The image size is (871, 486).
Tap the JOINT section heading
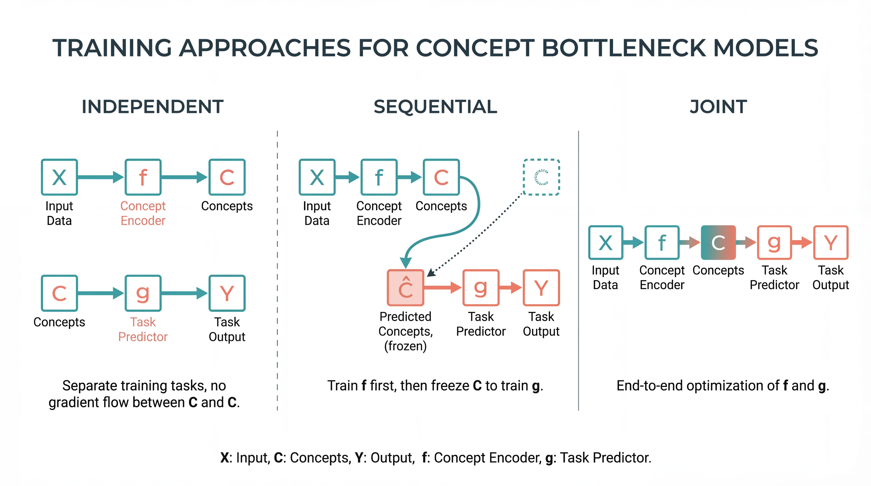[x=718, y=107]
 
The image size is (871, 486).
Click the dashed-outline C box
[x=541, y=177]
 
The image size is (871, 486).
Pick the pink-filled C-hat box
[x=405, y=288]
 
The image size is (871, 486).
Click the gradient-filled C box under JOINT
[x=718, y=242]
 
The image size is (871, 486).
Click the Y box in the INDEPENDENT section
[x=227, y=293]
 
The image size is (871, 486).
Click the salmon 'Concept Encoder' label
[x=143, y=213]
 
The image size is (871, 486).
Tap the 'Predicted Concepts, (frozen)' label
[x=405, y=331]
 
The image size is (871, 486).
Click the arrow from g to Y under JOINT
[x=802, y=242]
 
